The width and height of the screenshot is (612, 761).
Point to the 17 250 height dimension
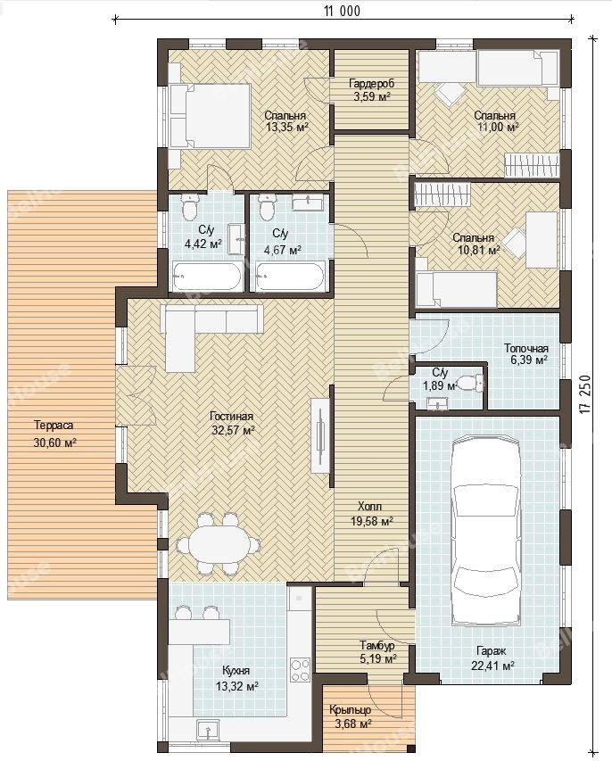pos(586,393)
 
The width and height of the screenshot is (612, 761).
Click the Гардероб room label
pos(372,84)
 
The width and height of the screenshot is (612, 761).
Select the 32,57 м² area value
pos(234,429)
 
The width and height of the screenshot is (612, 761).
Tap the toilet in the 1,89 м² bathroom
pos(471,384)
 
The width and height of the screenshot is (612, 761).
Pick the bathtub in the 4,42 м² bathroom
pos(207,277)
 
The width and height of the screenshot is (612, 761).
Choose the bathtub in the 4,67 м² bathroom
pos(289,277)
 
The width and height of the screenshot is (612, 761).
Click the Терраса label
pos(54,426)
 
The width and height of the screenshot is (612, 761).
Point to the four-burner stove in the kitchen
pos(300,669)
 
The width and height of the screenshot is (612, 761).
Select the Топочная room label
pos(526,349)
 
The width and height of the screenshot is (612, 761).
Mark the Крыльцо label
pos(351,709)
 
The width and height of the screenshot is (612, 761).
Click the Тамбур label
pos(377,646)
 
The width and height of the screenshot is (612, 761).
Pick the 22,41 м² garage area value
pos(493,666)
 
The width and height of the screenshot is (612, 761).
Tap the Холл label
pos(370,507)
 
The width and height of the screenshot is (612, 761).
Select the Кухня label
pos(236,671)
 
